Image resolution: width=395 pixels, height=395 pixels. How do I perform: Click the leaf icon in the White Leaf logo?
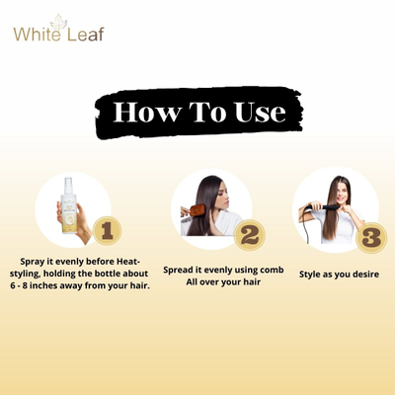(x=58, y=22)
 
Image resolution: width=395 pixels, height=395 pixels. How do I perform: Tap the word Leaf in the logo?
(x=86, y=34)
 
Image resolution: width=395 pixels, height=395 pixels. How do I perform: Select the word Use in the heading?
(x=260, y=112)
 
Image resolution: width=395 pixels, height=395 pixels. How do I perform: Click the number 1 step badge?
(x=108, y=230)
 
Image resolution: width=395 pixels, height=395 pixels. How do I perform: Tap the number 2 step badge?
(x=250, y=235)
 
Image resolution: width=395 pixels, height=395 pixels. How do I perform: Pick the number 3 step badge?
(x=371, y=238)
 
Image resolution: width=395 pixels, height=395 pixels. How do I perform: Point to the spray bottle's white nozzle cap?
(x=68, y=186)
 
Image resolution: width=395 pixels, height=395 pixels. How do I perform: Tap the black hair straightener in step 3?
(x=322, y=207)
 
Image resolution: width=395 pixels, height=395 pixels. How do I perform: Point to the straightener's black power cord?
(x=305, y=226)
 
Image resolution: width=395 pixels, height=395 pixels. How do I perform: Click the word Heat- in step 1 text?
(x=128, y=262)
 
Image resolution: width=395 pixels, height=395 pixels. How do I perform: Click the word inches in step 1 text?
(x=43, y=285)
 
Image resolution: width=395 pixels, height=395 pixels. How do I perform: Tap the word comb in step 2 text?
(x=272, y=270)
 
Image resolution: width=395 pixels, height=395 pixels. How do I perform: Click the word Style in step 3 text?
(x=309, y=275)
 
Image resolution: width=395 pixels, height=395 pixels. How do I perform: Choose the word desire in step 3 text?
(x=365, y=275)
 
